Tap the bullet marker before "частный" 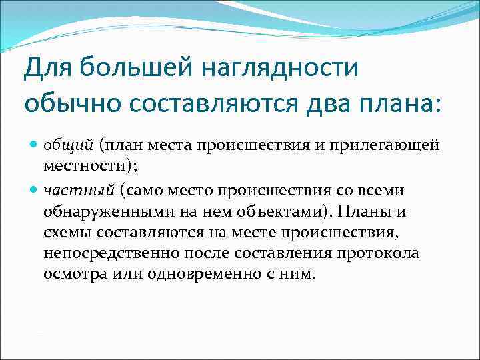pyautogui.click(x=35, y=190)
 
